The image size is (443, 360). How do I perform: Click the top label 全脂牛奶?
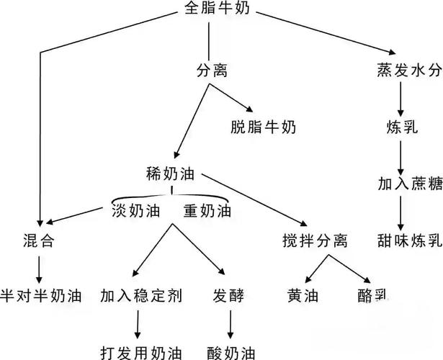tap(217, 8)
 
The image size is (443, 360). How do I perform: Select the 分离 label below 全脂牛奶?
tap(212, 71)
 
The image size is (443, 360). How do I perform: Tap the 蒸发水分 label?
tap(409, 70)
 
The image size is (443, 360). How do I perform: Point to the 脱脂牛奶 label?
tap(264, 127)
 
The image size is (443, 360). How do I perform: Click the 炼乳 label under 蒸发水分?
tap(402, 127)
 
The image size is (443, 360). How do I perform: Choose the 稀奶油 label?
tap(171, 174)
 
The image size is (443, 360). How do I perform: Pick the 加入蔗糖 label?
tap(410, 184)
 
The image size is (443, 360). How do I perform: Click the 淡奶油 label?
tap(136, 211)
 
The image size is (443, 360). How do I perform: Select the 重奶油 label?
tap(207, 211)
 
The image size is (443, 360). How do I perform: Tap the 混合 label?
tap(39, 241)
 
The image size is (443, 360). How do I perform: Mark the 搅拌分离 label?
tap(315, 241)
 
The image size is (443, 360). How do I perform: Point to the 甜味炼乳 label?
tap(410, 240)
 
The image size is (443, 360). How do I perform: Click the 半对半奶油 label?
tap(41, 296)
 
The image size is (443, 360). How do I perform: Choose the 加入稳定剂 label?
tap(141, 296)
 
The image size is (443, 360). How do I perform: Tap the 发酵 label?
tap(228, 296)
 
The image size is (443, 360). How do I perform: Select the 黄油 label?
tap(303, 296)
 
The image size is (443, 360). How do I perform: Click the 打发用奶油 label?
tap(141, 352)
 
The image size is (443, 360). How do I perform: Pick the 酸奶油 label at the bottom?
tap(231, 352)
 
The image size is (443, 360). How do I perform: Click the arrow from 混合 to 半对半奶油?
tap(39, 270)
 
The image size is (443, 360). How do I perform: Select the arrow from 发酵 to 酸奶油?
tap(231, 325)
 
